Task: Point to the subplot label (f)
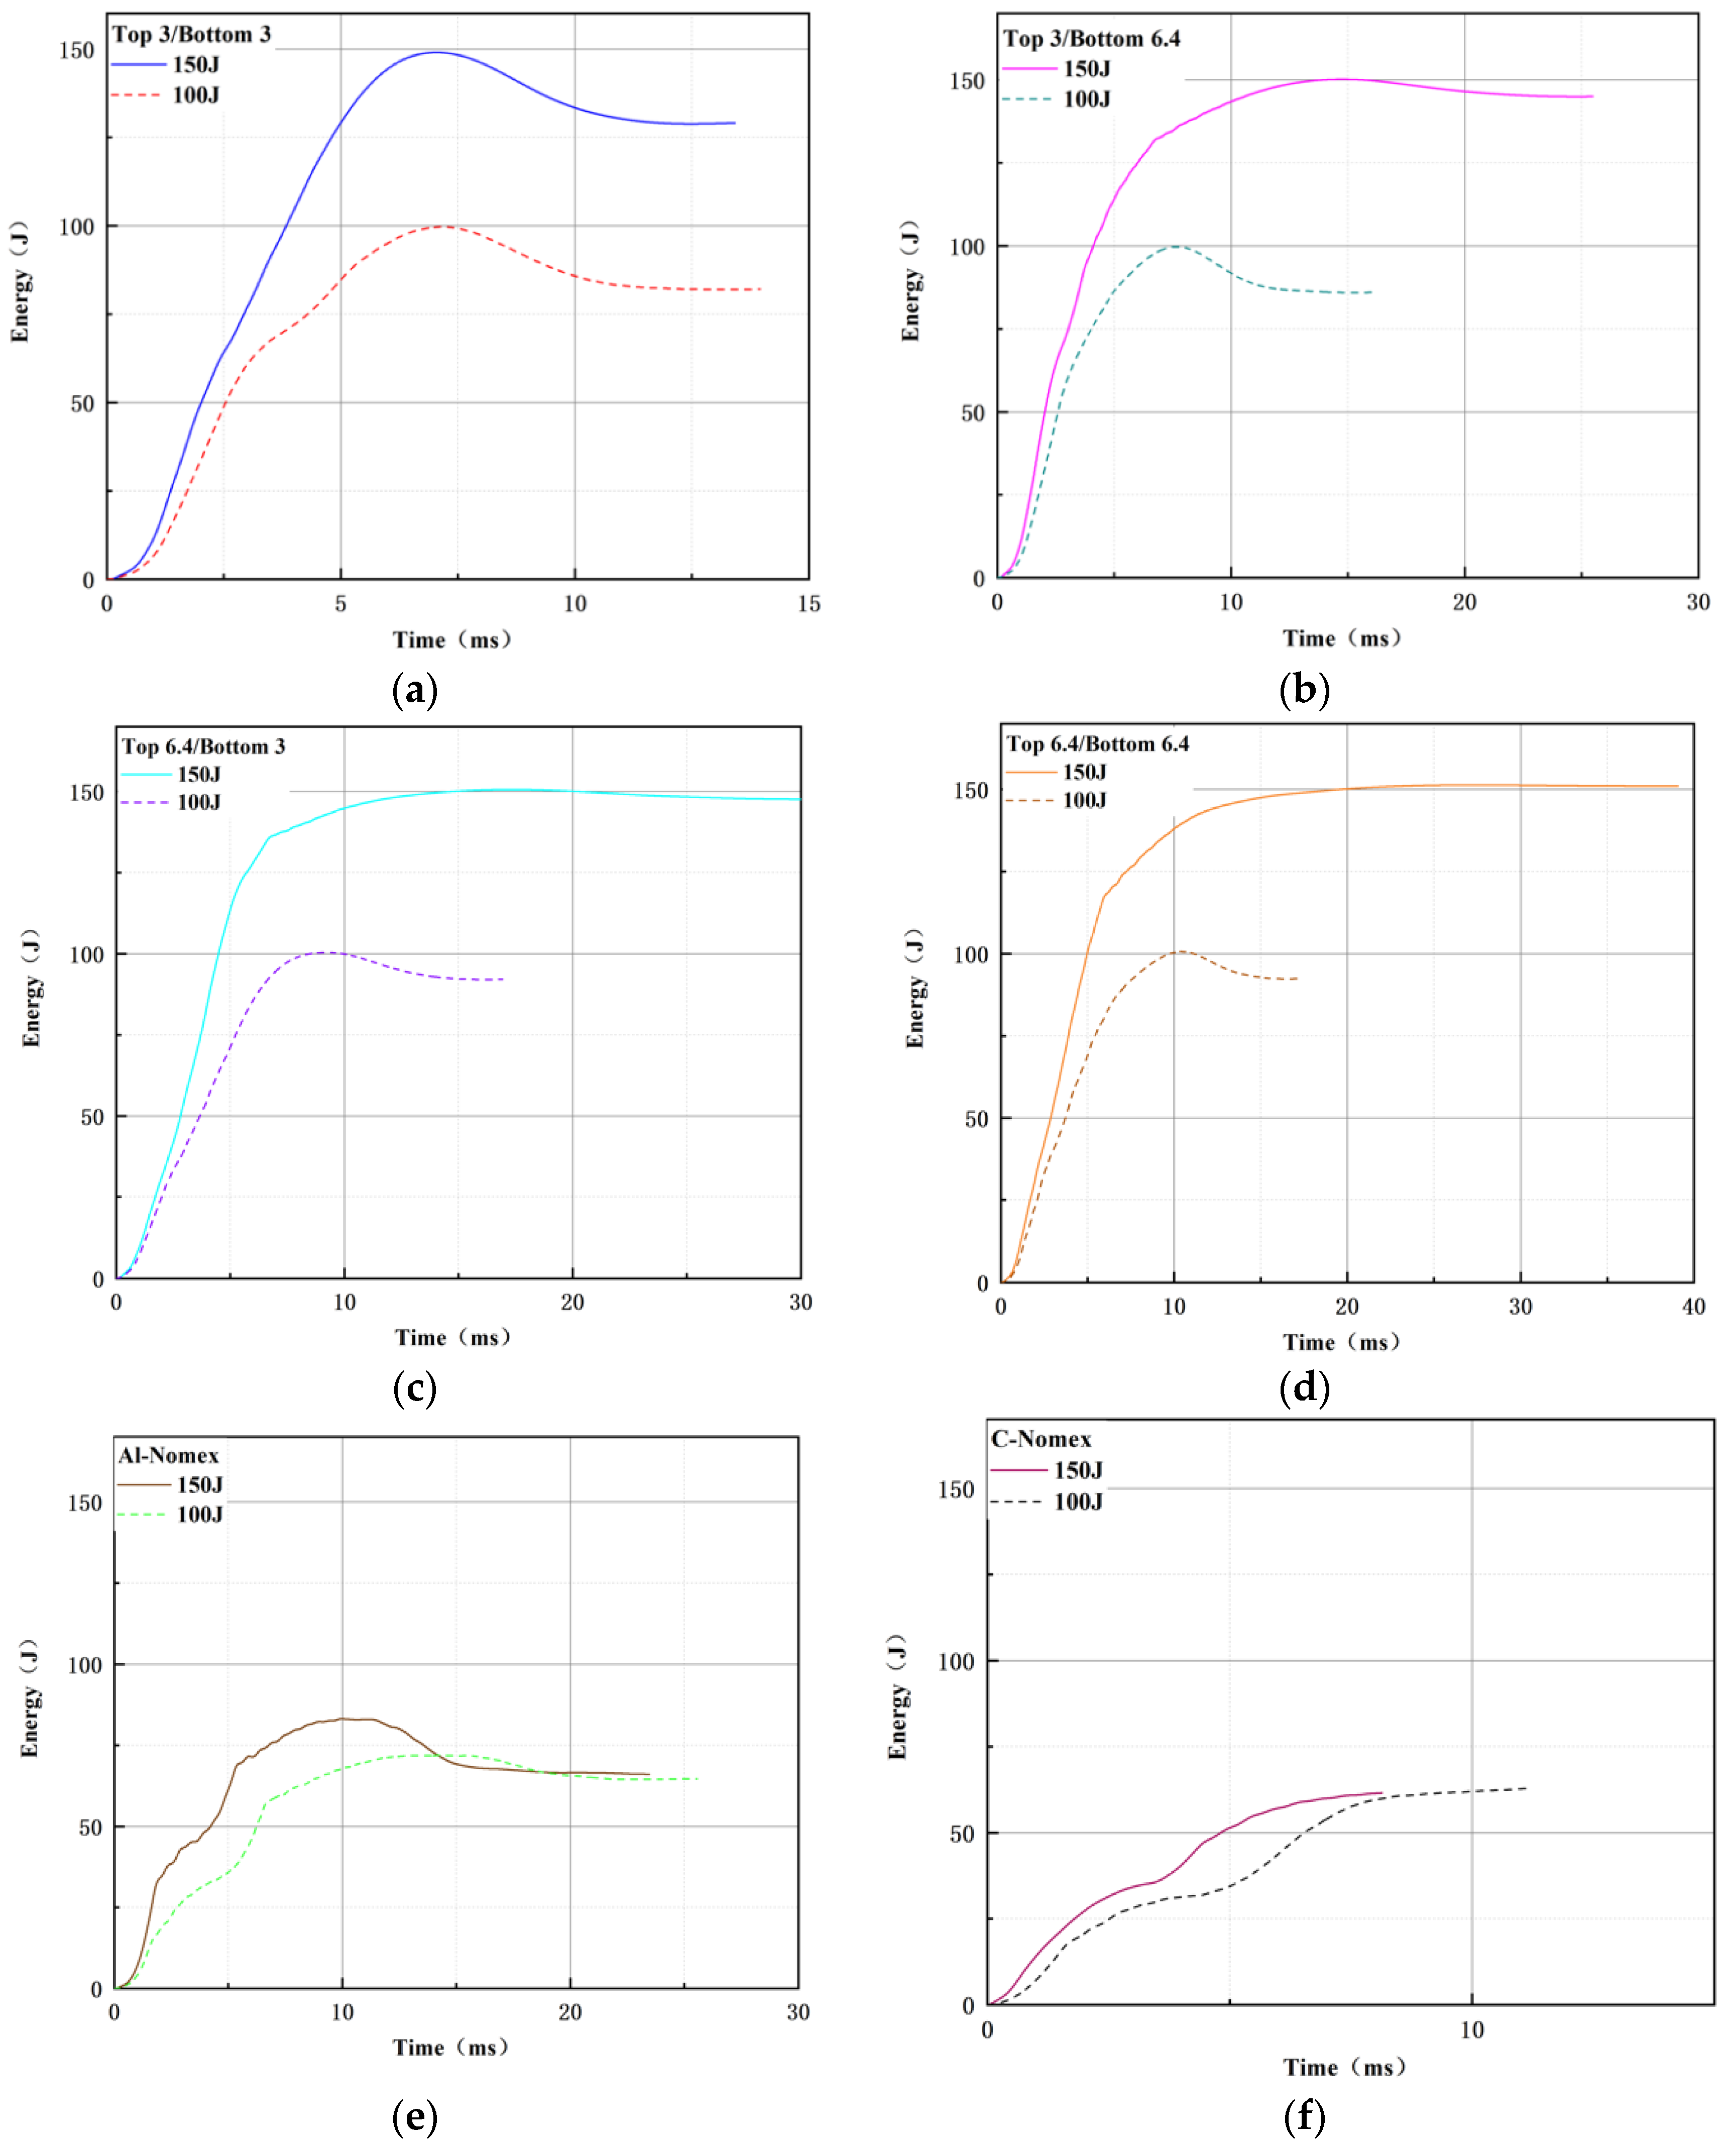[1304, 2116]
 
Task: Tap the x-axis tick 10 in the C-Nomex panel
[1471, 2029]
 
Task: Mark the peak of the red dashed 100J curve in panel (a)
[442, 227]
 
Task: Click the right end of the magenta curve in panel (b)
[1592, 96]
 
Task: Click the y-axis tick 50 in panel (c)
[91, 1116]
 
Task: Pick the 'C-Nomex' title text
[1041, 1439]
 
